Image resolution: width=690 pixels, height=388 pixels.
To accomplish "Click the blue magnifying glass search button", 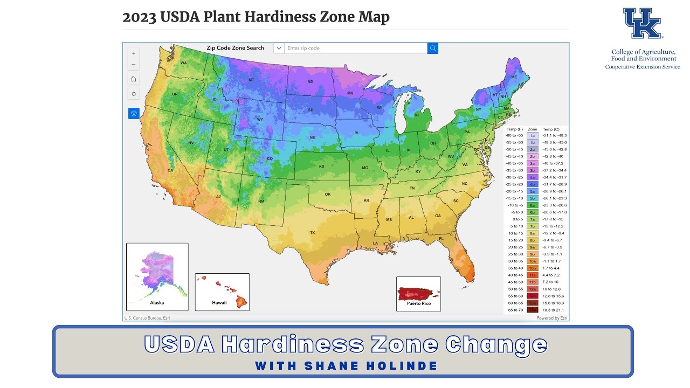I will click(432, 48).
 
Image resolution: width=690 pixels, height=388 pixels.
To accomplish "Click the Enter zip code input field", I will click(356, 48).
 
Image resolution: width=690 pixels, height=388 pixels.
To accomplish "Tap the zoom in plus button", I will click(134, 53).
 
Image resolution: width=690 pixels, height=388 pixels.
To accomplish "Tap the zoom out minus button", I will click(134, 65).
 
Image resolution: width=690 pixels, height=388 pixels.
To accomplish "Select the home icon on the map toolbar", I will click(134, 79).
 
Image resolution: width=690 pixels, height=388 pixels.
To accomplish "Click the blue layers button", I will click(134, 113).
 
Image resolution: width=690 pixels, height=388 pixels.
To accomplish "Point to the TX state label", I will click(312, 233).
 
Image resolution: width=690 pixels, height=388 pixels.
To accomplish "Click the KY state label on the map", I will click(418, 171).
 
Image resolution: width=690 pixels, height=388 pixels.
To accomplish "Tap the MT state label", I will click(251, 80).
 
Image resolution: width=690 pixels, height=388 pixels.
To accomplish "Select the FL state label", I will click(441, 238).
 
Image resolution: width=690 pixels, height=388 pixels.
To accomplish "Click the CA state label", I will click(170, 170).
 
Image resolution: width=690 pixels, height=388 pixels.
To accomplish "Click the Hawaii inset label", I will click(219, 303).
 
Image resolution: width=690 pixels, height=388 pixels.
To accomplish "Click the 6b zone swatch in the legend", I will click(532, 212).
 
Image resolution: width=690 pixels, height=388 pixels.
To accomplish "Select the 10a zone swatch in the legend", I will click(532, 261).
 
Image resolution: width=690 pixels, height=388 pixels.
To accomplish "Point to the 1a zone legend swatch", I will click(532, 135).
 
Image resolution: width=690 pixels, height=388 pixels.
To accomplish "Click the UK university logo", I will click(642, 24).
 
